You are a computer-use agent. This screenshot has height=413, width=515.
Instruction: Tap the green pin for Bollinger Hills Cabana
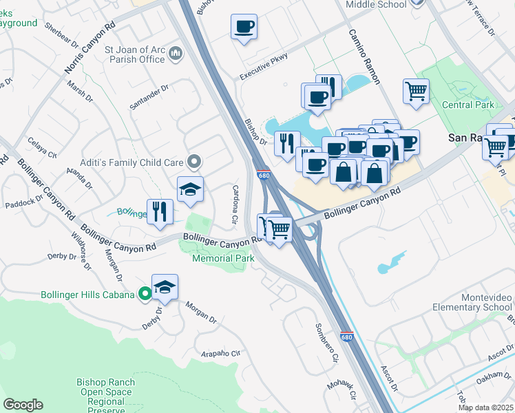click(x=145, y=295)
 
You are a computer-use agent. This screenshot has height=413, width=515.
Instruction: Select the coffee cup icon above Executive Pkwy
click(x=244, y=28)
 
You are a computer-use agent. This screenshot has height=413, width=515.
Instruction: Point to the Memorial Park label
click(x=223, y=259)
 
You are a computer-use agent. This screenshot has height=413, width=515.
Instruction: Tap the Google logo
click(x=23, y=405)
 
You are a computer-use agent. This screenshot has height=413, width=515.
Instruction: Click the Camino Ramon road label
click(x=364, y=57)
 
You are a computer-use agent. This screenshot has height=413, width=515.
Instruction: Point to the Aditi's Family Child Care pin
click(x=195, y=162)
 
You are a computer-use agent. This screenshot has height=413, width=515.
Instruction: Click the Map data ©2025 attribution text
click(x=485, y=407)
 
